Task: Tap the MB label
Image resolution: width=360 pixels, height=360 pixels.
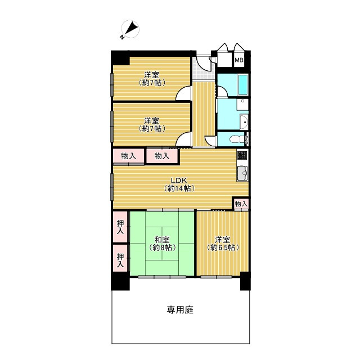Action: tap(239, 60)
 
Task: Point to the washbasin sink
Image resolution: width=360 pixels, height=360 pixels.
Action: tap(243, 122)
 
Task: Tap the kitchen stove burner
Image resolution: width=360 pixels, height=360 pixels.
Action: tap(242, 155)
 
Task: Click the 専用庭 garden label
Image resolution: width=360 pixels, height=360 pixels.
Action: tap(180, 310)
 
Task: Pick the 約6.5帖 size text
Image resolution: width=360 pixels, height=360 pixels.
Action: tap(223, 247)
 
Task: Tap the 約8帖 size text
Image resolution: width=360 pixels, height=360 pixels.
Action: tap(163, 247)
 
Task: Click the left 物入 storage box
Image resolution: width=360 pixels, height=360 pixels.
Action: tap(129, 156)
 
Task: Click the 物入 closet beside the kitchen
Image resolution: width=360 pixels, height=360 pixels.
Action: tap(241, 204)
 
